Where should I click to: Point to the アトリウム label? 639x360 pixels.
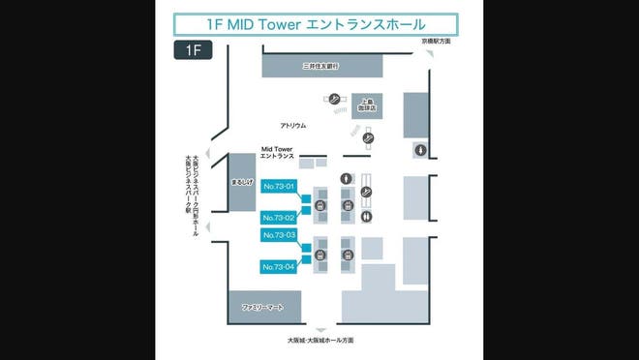click(292, 125)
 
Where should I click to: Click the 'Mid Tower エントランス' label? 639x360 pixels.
click(284, 153)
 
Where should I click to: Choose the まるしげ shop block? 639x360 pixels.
click(241, 181)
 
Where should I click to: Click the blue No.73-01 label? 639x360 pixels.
click(278, 185)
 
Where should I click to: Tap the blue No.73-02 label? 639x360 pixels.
click(278, 218)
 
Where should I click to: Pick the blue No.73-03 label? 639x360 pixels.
click(278, 235)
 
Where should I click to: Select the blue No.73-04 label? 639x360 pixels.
click(278, 266)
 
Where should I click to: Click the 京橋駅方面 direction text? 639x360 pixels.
click(435, 42)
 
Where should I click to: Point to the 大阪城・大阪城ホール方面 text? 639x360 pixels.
click(319, 341)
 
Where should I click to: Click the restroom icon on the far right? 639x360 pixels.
click(420, 149)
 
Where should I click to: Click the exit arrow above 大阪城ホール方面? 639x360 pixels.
click(319, 328)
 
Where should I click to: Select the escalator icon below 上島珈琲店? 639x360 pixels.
click(367, 138)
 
